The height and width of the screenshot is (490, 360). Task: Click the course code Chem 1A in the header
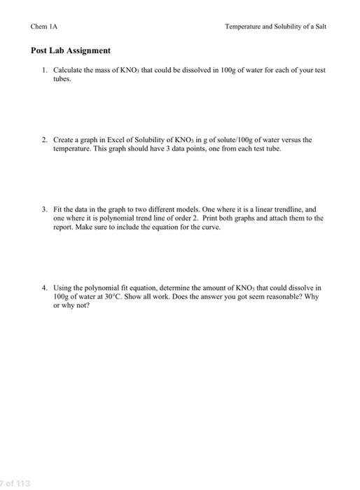[x=44, y=26]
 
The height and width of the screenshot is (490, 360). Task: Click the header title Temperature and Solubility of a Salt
[x=275, y=26]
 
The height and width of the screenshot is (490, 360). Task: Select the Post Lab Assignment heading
[x=71, y=51]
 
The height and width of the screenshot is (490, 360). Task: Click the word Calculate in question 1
[x=68, y=71]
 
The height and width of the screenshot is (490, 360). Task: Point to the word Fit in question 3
[x=58, y=209]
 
